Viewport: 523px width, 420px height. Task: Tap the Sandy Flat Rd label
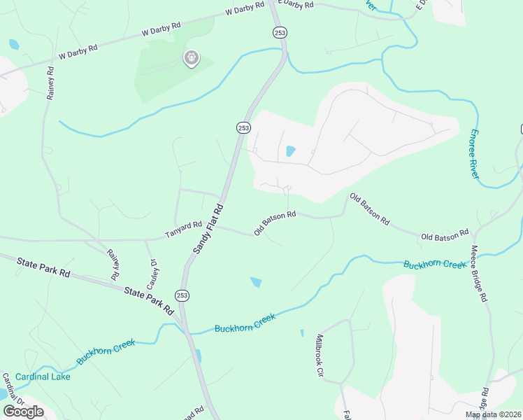tap(207, 230)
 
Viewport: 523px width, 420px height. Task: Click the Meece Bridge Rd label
tap(478, 273)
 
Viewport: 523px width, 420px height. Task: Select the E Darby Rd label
tap(294, 5)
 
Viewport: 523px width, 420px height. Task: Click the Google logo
tap(23, 412)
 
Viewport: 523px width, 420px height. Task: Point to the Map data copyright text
tap(494, 414)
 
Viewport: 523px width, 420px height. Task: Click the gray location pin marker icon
tap(191, 59)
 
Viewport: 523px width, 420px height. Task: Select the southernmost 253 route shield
tap(182, 295)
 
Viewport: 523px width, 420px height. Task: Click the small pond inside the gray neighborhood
tap(291, 151)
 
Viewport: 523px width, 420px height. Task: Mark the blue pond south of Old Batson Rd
tap(256, 282)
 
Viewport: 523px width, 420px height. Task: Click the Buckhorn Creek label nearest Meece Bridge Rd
tap(434, 265)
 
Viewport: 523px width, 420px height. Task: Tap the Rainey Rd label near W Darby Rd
tap(50, 83)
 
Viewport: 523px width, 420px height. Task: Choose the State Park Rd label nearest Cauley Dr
tap(149, 299)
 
